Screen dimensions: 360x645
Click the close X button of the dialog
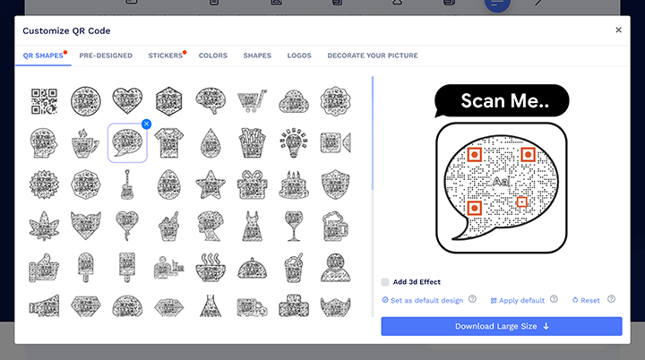click(618, 30)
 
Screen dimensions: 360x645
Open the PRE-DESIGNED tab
click(106, 56)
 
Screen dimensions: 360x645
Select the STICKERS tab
click(165, 56)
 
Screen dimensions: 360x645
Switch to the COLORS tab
click(213, 56)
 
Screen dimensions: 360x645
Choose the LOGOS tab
click(299, 56)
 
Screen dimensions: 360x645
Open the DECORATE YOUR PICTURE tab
click(372, 56)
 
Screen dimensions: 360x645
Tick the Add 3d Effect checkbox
click(385, 281)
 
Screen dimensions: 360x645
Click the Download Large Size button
click(501, 326)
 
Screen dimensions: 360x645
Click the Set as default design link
click(422, 300)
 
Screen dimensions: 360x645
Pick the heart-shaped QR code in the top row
click(126, 99)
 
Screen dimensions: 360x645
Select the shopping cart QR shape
click(252, 99)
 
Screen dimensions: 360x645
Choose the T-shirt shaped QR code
click(168, 142)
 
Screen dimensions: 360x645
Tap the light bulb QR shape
click(294, 142)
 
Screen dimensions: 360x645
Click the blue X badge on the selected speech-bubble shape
click(146, 124)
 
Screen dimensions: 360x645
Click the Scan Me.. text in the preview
click(502, 100)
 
